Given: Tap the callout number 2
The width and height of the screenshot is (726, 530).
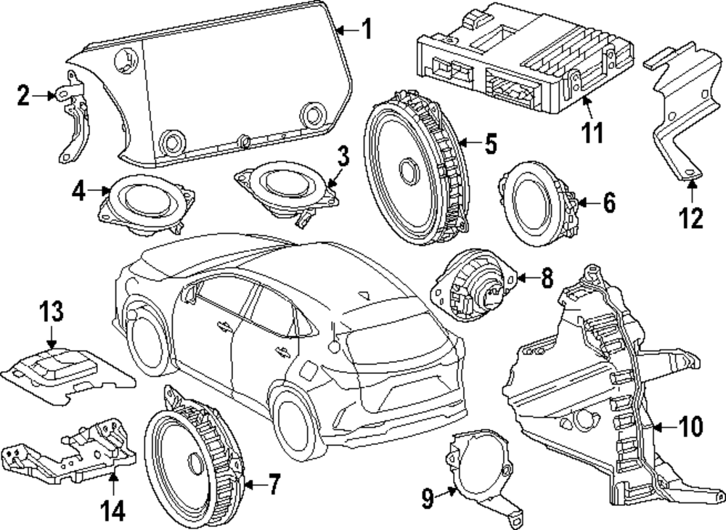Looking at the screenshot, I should (23, 94).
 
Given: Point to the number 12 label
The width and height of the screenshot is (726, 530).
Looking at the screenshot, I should (691, 217).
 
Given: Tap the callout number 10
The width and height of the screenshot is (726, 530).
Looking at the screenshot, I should (690, 427).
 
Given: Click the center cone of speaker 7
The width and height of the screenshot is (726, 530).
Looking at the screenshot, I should (195, 465).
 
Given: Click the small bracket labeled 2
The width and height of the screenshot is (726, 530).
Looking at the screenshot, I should (73, 123).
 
